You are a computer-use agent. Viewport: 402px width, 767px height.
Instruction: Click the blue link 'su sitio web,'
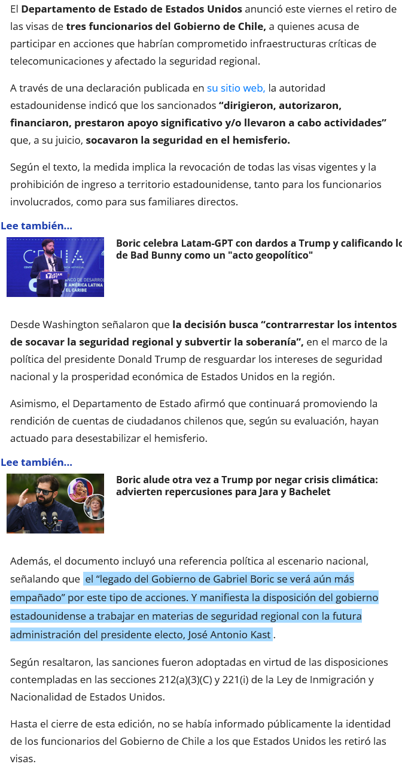coord(236,88)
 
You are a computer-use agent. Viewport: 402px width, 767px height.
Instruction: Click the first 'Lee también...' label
coord(36,226)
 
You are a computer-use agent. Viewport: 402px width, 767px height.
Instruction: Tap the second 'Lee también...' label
coord(36,462)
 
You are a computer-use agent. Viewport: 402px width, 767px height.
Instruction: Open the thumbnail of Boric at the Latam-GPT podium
coord(55,267)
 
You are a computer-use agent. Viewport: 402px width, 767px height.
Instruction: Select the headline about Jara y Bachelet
coord(246,486)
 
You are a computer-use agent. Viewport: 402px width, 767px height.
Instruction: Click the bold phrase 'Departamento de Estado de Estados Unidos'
coord(132,9)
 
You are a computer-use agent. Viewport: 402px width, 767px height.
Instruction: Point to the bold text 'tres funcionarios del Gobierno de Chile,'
coord(166,26)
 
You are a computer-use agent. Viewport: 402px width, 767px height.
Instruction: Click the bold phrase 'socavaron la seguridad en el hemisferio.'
coord(188,140)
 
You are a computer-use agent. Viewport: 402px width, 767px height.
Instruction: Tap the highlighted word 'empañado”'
coord(35,598)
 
